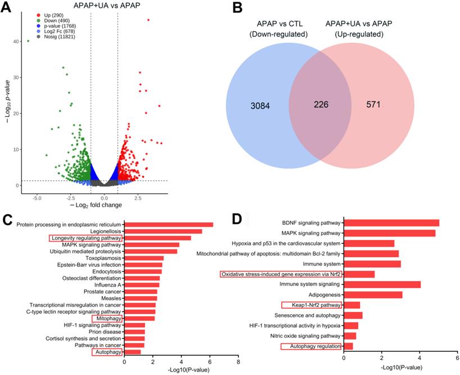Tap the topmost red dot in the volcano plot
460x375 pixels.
click(148, 20)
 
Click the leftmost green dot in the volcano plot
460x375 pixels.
click(28, 41)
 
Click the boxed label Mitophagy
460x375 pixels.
click(108, 319)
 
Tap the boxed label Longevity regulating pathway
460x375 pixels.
click(85, 238)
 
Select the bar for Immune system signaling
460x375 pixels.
click(382, 284)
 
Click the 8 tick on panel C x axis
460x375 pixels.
click(238, 363)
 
